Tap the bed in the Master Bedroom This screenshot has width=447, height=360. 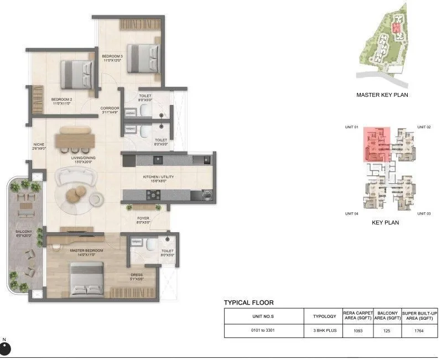[87, 279]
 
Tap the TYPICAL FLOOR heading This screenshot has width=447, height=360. [248, 302]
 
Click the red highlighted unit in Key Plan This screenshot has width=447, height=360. [377, 144]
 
